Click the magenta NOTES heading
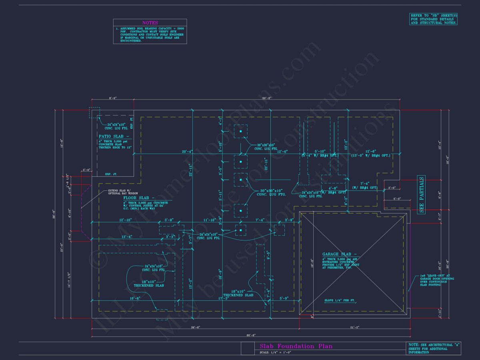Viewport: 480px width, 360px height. [150, 23]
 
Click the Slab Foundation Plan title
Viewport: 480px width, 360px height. [296, 346]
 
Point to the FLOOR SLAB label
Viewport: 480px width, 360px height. [137, 198]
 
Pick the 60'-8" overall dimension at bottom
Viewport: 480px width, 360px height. [251, 335]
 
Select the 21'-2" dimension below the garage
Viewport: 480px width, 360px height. [354, 327]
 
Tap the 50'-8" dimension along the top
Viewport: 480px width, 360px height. [267, 98]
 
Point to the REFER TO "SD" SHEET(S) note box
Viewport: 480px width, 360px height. [434, 19]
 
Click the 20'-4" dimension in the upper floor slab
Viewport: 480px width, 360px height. [188, 152]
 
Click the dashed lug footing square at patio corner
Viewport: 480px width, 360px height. [94, 112]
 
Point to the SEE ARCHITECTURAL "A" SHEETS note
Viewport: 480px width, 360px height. [434, 348]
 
